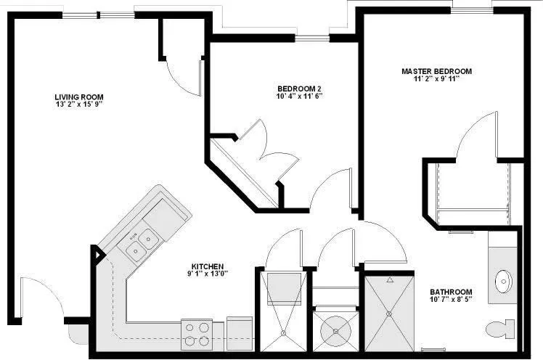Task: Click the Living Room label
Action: pyautogui.click(x=79, y=97)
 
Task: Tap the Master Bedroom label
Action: pyautogui.click(x=436, y=71)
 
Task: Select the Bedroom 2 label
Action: pyautogui.click(x=299, y=89)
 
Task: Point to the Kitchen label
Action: pyautogui.click(x=208, y=266)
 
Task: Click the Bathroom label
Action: pyautogui.click(x=451, y=292)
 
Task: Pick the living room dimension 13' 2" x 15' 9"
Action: pyautogui.click(x=79, y=105)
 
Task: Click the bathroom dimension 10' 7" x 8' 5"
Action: pyautogui.click(x=451, y=299)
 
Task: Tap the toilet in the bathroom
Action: pyautogui.click(x=500, y=330)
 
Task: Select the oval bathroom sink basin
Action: pyautogui.click(x=503, y=280)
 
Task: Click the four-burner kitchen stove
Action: pyautogui.click(x=197, y=335)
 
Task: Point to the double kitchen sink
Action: pyautogui.click(x=142, y=243)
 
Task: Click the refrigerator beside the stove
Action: pyautogui.click(x=240, y=333)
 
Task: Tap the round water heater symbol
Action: pyautogui.click(x=335, y=331)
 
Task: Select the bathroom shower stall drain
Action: pyautogui.click(x=389, y=314)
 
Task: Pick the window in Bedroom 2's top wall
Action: pyautogui.click(x=312, y=38)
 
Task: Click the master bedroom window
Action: pyautogui.click(x=473, y=11)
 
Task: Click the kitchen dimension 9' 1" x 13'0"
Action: pyautogui.click(x=208, y=274)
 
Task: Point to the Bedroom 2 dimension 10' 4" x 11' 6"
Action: pyautogui.click(x=299, y=96)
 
